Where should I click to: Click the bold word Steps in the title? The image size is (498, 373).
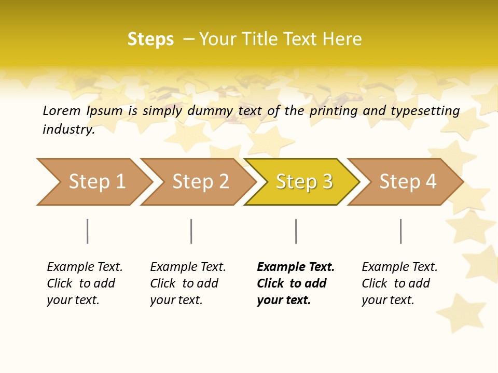[x=150, y=39]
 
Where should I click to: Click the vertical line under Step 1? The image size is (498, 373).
[x=88, y=231]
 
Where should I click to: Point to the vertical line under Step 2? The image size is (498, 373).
[x=191, y=231]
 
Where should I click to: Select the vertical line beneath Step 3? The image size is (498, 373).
[x=296, y=231]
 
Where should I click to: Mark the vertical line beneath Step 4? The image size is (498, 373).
[x=401, y=231]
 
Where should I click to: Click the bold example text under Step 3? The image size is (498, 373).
[x=296, y=283]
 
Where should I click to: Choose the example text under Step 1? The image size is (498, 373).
[x=85, y=283]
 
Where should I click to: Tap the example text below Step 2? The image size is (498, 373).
[x=188, y=283]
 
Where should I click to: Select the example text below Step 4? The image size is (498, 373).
[x=399, y=283]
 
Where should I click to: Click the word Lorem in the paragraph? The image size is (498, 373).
[x=61, y=110]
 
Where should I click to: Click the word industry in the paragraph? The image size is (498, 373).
[x=68, y=130]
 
